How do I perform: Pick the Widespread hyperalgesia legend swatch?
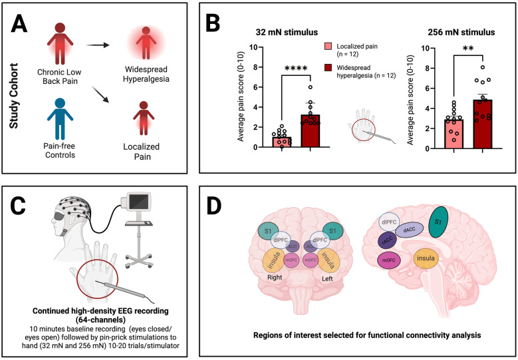tap(328, 69)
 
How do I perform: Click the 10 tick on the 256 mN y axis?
tap(430, 49)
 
